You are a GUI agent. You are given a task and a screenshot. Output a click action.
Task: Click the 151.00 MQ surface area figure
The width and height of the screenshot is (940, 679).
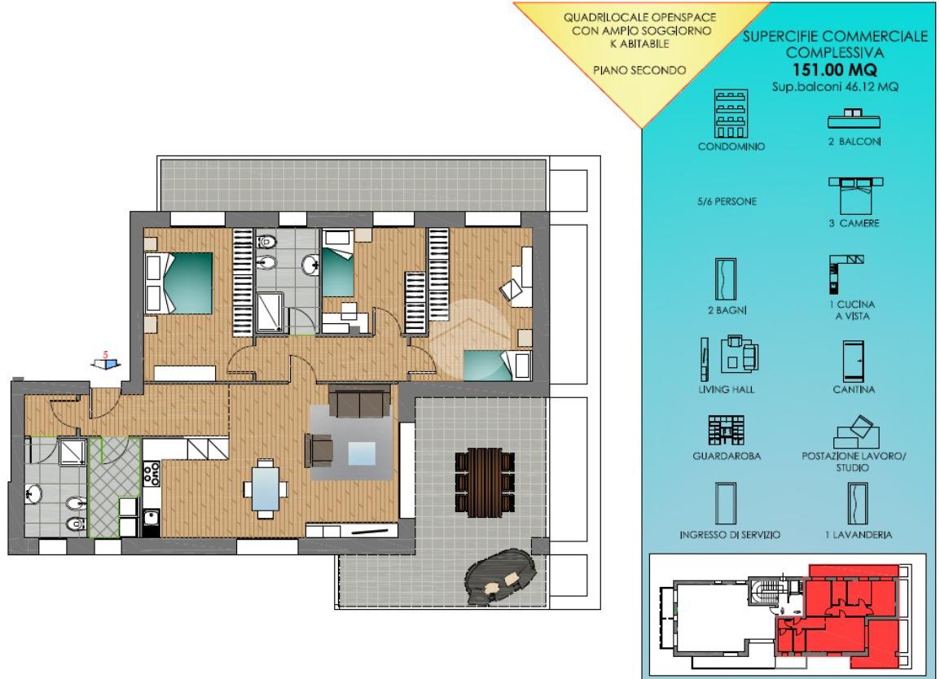pyautogui.click(x=834, y=69)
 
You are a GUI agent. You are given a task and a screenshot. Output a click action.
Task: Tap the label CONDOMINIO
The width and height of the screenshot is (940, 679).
pyautogui.click(x=731, y=147)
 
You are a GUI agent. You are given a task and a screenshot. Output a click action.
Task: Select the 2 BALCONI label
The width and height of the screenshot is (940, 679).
pyautogui.click(x=854, y=142)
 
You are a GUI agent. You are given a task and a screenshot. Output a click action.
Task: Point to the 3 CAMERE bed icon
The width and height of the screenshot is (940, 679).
pyautogui.click(x=855, y=195)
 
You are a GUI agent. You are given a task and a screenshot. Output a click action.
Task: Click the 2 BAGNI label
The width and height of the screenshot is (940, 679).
pyautogui.click(x=727, y=310)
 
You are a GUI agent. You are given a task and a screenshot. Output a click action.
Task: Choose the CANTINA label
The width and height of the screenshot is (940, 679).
pyautogui.click(x=854, y=389)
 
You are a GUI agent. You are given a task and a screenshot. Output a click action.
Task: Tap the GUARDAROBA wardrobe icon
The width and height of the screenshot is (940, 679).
pyautogui.click(x=726, y=431)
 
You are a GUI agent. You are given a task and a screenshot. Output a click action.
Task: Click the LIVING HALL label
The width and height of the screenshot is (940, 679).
pyautogui.click(x=726, y=389)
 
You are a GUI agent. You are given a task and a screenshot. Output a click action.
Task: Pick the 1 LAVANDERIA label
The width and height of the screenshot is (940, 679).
pyautogui.click(x=858, y=535)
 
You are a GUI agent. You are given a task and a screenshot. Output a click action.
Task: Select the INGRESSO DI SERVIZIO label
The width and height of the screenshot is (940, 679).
pyautogui.click(x=730, y=535)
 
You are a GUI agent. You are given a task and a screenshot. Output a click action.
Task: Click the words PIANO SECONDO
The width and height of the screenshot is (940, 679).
pyautogui.click(x=639, y=70)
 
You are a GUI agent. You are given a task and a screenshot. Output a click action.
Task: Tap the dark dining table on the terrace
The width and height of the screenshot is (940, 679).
pyautogui.click(x=485, y=483)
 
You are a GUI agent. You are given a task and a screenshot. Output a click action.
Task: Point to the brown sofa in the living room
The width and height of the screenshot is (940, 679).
pyautogui.click(x=360, y=401)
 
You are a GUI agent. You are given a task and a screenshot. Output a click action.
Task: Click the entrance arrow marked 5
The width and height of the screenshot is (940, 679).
pyautogui.click(x=106, y=363)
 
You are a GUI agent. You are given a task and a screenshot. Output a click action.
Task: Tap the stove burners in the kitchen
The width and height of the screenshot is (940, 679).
pyautogui.click(x=151, y=474)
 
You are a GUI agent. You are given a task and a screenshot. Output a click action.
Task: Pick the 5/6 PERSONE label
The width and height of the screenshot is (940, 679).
pyautogui.click(x=727, y=201)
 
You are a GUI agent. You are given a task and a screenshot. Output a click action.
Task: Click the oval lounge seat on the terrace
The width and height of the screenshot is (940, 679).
pyautogui.click(x=500, y=576)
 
